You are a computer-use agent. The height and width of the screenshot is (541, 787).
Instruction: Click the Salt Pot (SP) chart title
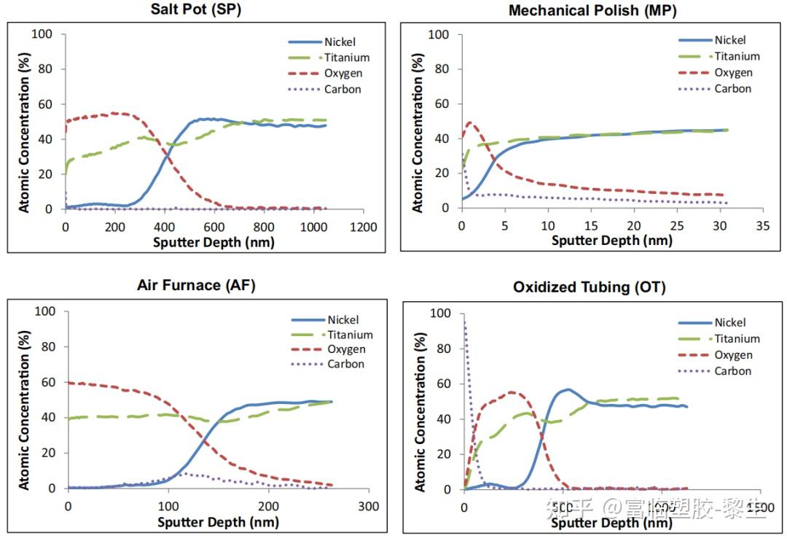click(x=195, y=9)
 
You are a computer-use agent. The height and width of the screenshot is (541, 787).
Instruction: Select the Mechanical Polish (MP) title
click(x=592, y=10)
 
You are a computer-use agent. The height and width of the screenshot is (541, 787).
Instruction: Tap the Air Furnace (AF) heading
click(x=196, y=285)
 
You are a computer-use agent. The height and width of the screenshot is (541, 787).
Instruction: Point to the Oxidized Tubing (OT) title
click(x=589, y=287)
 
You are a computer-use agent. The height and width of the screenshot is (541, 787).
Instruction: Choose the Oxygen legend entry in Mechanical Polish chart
click(x=732, y=72)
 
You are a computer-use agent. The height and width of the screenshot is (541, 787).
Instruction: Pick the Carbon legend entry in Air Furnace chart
click(x=345, y=364)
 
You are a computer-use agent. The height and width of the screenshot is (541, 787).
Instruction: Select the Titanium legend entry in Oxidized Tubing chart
click(x=737, y=338)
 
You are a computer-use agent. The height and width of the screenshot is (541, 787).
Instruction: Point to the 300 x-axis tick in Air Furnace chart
click(x=369, y=507)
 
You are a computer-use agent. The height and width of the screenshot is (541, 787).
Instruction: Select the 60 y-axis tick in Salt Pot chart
click(x=46, y=104)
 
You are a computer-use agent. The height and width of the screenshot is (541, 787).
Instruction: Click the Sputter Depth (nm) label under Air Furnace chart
click(x=218, y=522)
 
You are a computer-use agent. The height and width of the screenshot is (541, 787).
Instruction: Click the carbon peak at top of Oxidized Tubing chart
click(x=465, y=318)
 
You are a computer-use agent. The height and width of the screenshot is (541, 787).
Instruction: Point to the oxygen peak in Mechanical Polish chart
click(x=469, y=122)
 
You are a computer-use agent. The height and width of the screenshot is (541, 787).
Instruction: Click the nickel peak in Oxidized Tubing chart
click(x=568, y=389)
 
